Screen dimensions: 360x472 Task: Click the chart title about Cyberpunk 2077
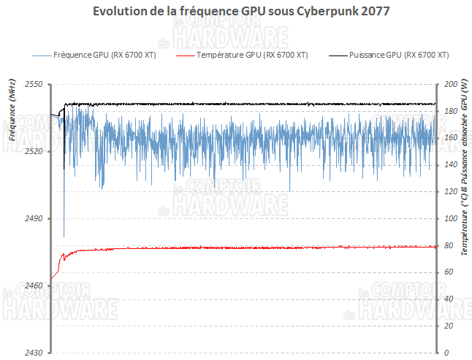tap(236, 12)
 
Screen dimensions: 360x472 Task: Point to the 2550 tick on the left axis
tap(34, 85)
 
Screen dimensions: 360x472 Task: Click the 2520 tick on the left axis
tap(34, 151)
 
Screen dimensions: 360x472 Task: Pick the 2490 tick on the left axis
tap(34, 218)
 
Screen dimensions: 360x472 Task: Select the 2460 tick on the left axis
tap(34, 286)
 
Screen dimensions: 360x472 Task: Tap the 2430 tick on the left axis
tap(34, 352)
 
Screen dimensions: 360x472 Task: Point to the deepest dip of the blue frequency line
tap(64, 236)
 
